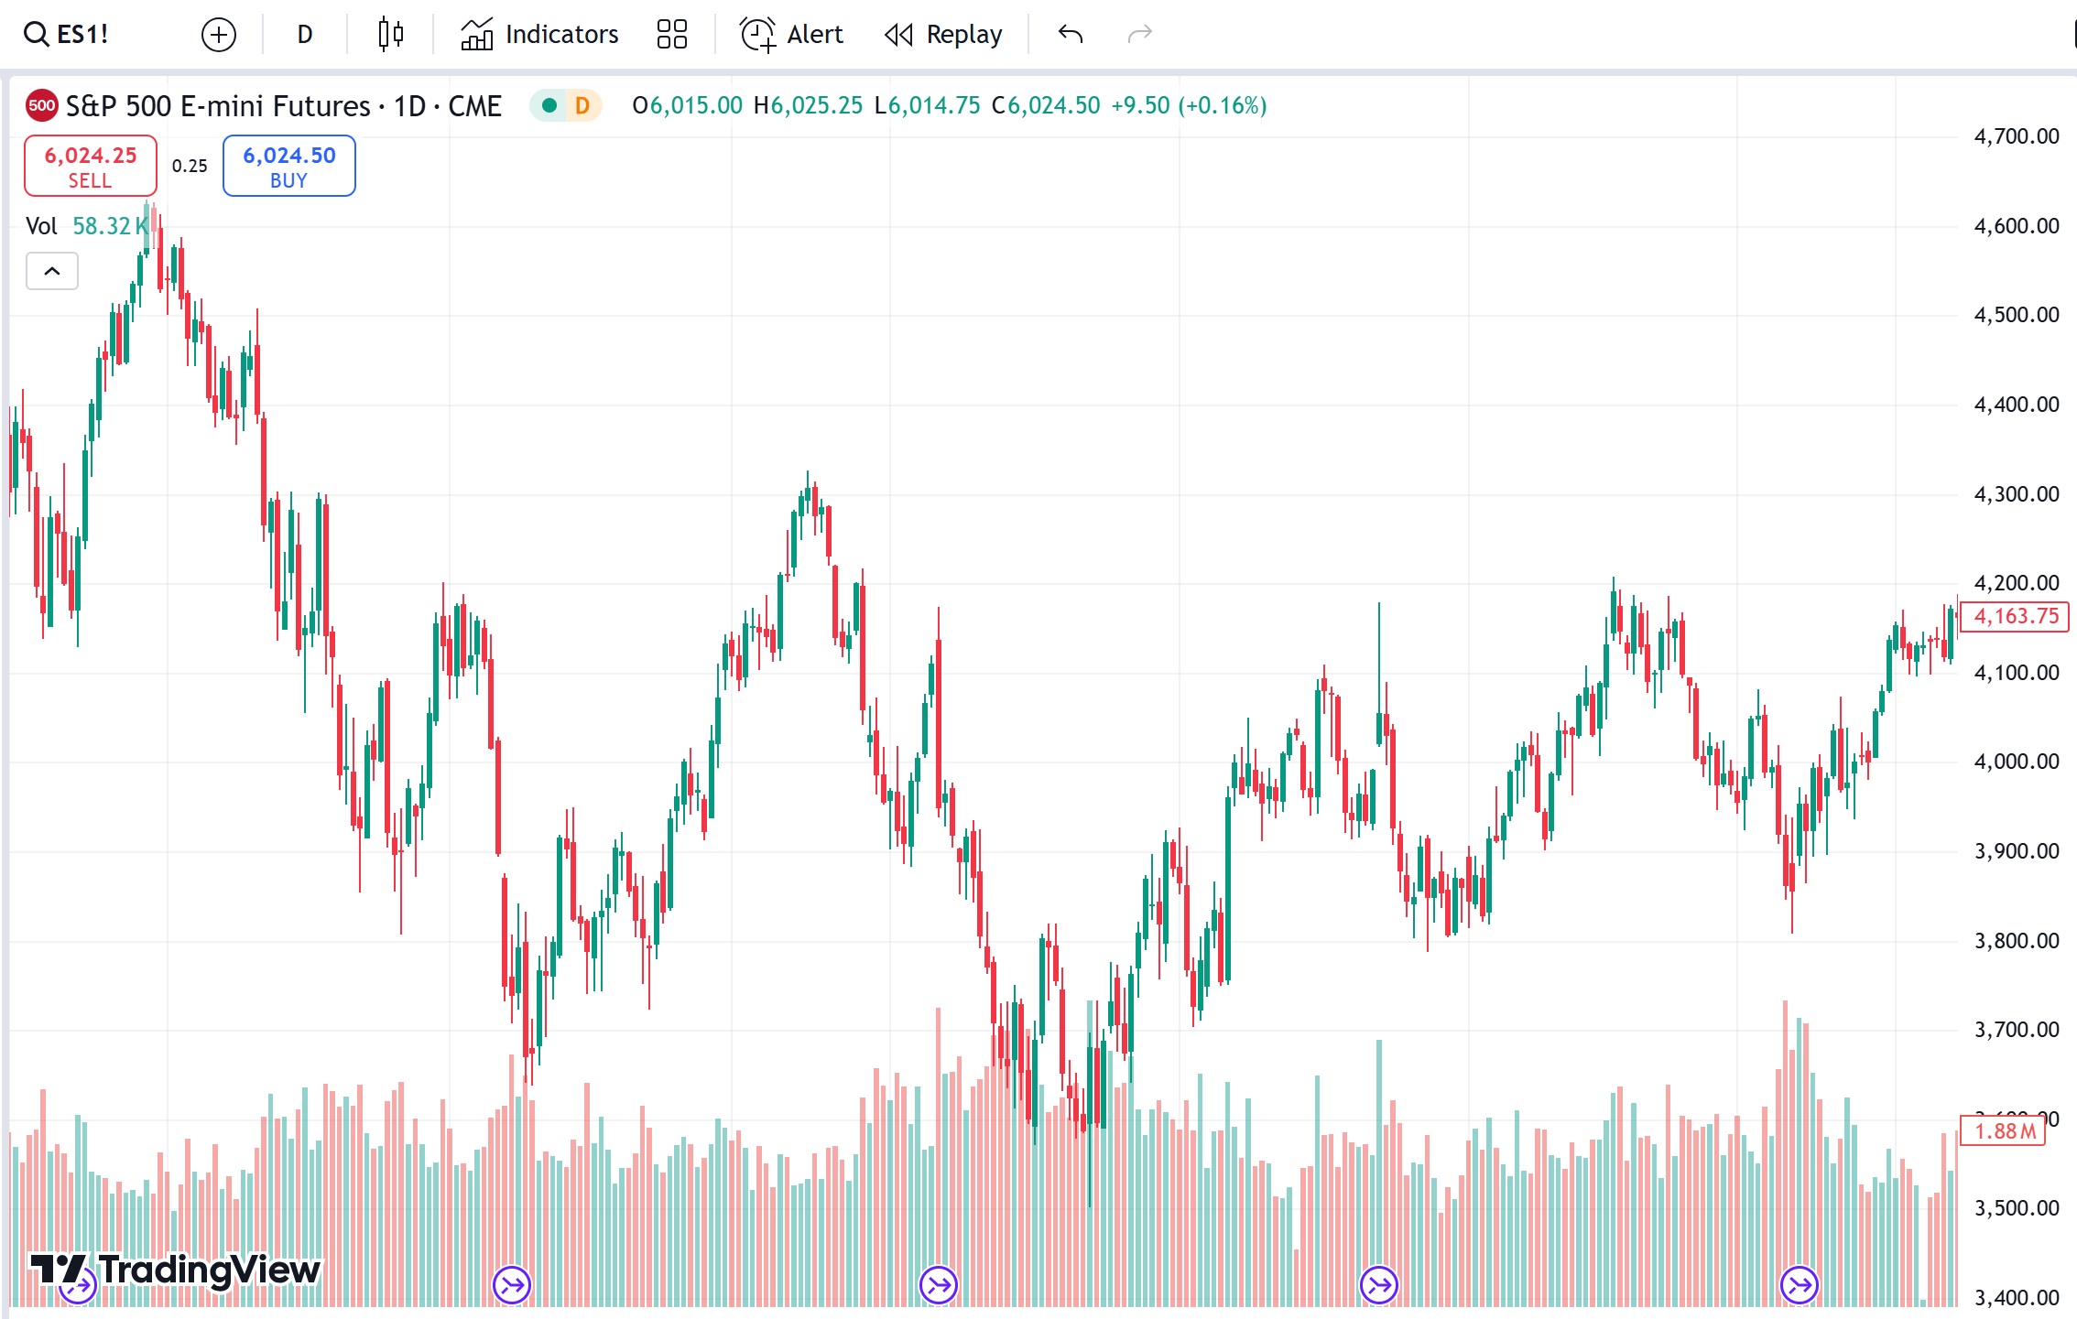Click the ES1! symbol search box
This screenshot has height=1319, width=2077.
[x=67, y=35]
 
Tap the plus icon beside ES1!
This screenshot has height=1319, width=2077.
[x=218, y=35]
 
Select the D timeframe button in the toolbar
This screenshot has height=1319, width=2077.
[x=305, y=35]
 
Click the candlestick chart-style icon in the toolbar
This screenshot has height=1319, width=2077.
[x=391, y=35]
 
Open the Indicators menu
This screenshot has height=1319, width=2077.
[x=539, y=35]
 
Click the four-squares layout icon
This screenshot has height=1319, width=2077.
[x=671, y=35]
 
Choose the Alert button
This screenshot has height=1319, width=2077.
[x=791, y=35]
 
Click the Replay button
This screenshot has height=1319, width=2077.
[x=944, y=35]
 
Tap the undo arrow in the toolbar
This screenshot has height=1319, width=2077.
[x=1071, y=35]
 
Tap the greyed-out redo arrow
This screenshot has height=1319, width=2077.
[x=1139, y=35]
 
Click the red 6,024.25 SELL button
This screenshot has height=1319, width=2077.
[x=90, y=166]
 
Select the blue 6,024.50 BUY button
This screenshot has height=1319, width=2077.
[x=288, y=166]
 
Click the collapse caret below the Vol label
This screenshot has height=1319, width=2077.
[x=52, y=271]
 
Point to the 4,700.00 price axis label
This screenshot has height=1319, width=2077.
[x=2016, y=136]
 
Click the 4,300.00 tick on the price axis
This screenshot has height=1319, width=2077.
[x=2016, y=494]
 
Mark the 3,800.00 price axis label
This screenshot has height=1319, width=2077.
[x=2016, y=941]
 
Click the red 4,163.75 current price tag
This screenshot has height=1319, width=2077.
[x=2016, y=616]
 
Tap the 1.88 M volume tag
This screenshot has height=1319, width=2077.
[x=2004, y=1131]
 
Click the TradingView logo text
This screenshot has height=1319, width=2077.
[x=209, y=1270]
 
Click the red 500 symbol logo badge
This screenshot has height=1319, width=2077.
[x=41, y=105]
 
